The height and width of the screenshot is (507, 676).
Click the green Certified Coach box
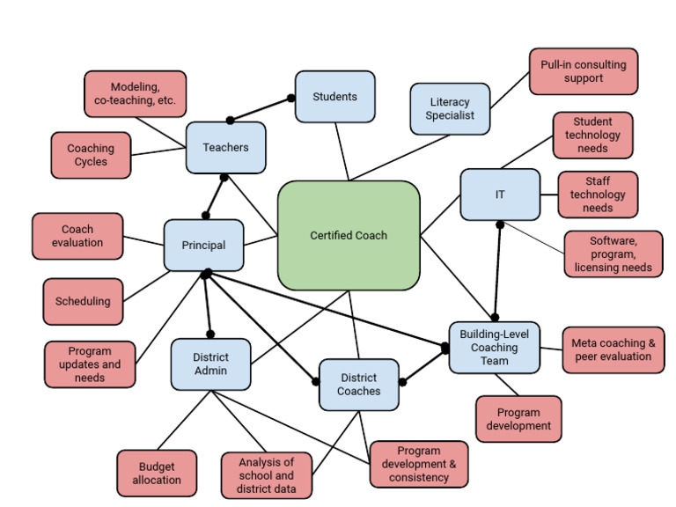point(349,235)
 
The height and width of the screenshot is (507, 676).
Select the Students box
point(334,96)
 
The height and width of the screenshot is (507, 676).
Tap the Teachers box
point(225,147)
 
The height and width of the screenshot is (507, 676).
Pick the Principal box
point(203,246)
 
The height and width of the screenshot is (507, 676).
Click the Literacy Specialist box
point(449,108)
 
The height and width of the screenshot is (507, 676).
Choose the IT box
point(499,195)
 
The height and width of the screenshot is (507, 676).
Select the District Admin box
point(210,364)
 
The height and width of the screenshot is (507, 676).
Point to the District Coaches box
point(359,384)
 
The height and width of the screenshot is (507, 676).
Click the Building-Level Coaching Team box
point(494,347)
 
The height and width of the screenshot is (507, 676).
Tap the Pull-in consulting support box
point(584,71)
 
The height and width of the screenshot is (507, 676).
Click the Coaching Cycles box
point(91,155)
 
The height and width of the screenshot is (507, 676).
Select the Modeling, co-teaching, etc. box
point(135,93)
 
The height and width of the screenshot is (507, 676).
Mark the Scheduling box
point(83,301)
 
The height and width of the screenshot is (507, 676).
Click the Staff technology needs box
point(597,195)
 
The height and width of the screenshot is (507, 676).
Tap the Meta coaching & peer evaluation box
point(612,349)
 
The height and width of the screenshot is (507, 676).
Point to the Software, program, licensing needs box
point(613,253)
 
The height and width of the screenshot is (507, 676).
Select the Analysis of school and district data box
point(267,474)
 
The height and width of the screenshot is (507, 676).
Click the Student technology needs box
point(592,135)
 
